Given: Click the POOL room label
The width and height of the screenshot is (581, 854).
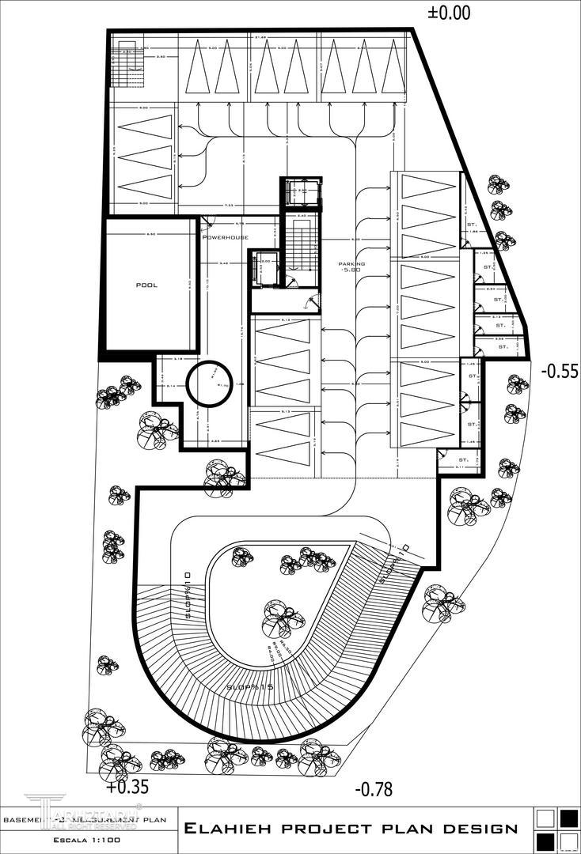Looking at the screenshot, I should point(148,285).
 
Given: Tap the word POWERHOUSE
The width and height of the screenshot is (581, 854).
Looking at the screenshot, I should point(226,237).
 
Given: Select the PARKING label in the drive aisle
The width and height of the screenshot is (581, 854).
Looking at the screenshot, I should point(352,263).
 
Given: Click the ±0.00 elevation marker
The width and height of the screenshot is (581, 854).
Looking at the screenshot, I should point(449,13).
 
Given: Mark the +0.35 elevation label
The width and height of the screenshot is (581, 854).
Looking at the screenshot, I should point(127,788).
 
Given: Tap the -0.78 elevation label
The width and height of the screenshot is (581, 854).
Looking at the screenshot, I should point(374,788).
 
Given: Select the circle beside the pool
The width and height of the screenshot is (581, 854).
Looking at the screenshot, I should point(209,383).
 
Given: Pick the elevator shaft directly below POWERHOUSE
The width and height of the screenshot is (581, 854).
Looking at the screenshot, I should point(264,269).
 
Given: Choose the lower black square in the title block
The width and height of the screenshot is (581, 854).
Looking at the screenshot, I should point(545,839).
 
